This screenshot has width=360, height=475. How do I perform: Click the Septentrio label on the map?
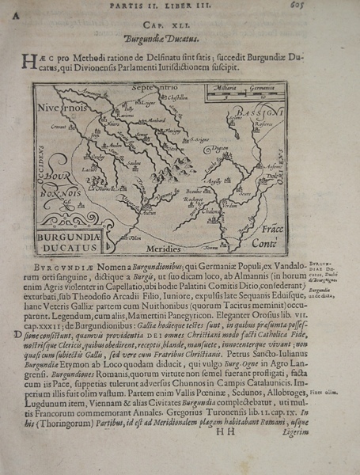point(142,88)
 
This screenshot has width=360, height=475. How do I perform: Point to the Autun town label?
point(148,212)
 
